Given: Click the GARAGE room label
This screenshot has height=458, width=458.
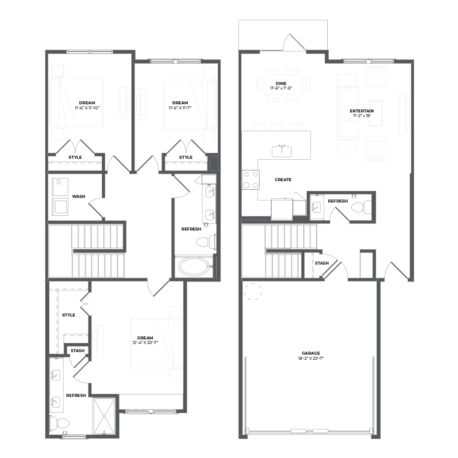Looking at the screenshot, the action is (x=311, y=353).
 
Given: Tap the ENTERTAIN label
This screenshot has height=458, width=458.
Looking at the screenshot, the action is (x=362, y=111).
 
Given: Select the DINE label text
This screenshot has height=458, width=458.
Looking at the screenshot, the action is (x=281, y=83).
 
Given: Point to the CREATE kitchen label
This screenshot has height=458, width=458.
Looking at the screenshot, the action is (x=283, y=180).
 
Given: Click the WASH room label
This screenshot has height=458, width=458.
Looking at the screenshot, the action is (x=78, y=196).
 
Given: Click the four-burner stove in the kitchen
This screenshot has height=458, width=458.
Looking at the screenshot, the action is (x=250, y=180).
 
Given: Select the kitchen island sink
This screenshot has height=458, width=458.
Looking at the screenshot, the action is (x=281, y=151).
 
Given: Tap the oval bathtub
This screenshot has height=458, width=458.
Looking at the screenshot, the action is (x=194, y=266).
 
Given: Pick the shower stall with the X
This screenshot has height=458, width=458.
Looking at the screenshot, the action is (x=104, y=416).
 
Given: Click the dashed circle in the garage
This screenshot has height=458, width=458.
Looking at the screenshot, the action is (x=253, y=292).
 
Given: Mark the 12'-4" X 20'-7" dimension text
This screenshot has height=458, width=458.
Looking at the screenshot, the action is (x=145, y=342).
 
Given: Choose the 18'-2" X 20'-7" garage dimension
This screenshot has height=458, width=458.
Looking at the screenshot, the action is (x=311, y=358).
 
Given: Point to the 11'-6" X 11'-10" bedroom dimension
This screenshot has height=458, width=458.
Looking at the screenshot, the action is (x=87, y=108).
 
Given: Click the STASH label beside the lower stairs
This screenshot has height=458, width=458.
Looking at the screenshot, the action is (x=322, y=263).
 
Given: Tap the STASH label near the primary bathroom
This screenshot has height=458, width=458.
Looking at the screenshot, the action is (x=77, y=351).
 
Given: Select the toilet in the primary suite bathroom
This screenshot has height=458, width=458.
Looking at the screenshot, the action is (x=60, y=423).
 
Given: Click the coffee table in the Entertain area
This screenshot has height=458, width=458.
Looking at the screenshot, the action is (x=376, y=113).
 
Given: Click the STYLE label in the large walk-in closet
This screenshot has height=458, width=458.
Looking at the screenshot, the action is (x=69, y=315).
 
